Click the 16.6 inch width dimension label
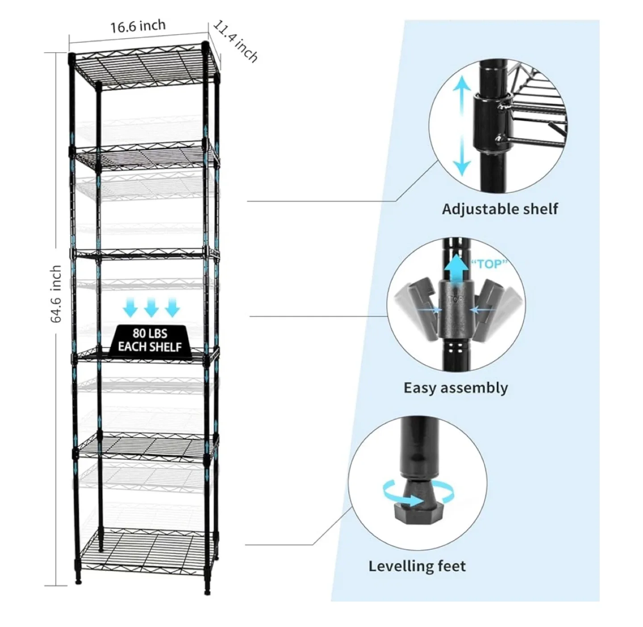(138, 26)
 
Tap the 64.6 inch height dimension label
(56, 294)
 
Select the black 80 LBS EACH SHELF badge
(150, 340)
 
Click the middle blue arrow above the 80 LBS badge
(151, 307)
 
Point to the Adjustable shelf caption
(500, 209)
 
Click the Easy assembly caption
(455, 387)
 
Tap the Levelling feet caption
(417, 566)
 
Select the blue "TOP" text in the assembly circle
(489, 264)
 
